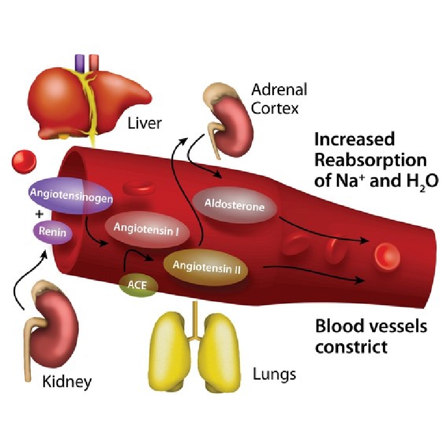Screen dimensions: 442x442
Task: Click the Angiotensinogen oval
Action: tap(71, 196)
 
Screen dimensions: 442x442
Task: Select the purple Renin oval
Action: tap(52, 232)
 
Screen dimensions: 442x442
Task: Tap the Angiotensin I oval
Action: tap(146, 229)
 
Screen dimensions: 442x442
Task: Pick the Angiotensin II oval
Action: tap(206, 267)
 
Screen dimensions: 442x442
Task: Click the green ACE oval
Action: tap(138, 285)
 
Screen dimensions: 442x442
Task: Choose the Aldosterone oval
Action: tap(234, 204)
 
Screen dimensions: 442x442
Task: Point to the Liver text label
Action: tap(145, 123)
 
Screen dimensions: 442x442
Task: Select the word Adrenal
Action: tap(279, 90)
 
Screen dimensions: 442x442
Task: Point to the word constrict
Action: tap(351, 347)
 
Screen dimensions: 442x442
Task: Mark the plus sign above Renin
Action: tap(39, 214)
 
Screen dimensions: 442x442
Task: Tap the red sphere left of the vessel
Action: tap(24, 162)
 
